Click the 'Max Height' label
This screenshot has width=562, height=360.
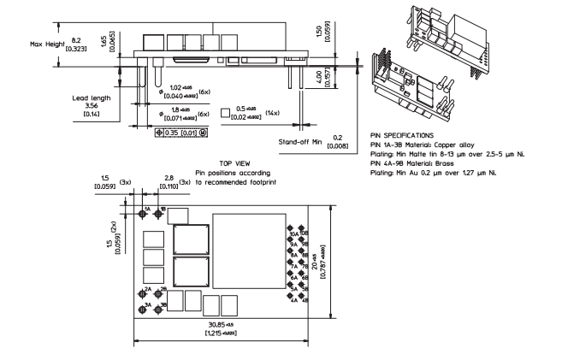pos(46,43)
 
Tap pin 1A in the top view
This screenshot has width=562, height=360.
pos(142,211)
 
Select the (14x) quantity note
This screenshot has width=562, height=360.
pos(271,112)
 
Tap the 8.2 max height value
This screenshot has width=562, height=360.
pos(77,38)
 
